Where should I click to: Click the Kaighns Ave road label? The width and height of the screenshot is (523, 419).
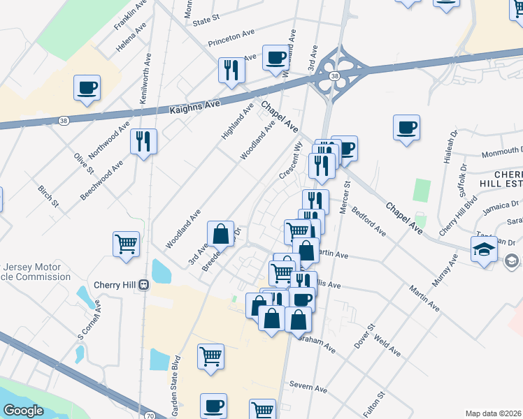194,107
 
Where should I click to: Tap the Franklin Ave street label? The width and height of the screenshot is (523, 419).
131,15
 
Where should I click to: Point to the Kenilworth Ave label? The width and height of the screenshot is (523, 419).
145,78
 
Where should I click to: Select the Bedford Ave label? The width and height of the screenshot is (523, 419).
368,221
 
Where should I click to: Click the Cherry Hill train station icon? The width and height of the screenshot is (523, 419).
143,285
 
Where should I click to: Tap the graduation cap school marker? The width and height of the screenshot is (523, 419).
484,249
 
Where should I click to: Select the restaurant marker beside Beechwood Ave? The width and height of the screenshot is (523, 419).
143,142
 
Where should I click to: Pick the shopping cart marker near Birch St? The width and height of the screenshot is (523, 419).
127,244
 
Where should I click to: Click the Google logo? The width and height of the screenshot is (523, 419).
23,411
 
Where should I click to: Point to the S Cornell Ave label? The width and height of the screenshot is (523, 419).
89,320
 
